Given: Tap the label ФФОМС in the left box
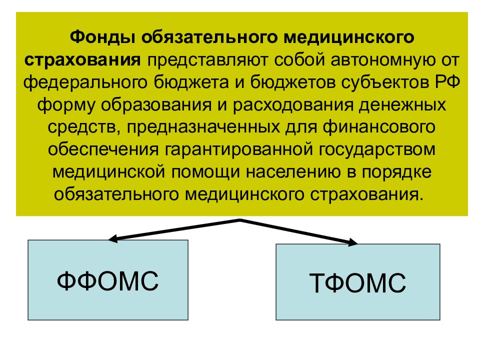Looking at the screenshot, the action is click(x=108, y=280).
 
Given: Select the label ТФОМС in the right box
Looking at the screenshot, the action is click(x=357, y=283).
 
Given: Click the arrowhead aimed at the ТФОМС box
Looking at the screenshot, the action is click(x=353, y=242).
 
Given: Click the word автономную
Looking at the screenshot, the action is click(x=382, y=60).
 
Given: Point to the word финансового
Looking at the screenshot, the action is click(x=379, y=127).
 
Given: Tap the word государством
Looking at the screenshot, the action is click(x=377, y=150).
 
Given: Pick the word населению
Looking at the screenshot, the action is click(x=293, y=172).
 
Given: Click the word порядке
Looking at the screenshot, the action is click(x=396, y=172).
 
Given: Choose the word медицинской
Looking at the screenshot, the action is click(x=108, y=172).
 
